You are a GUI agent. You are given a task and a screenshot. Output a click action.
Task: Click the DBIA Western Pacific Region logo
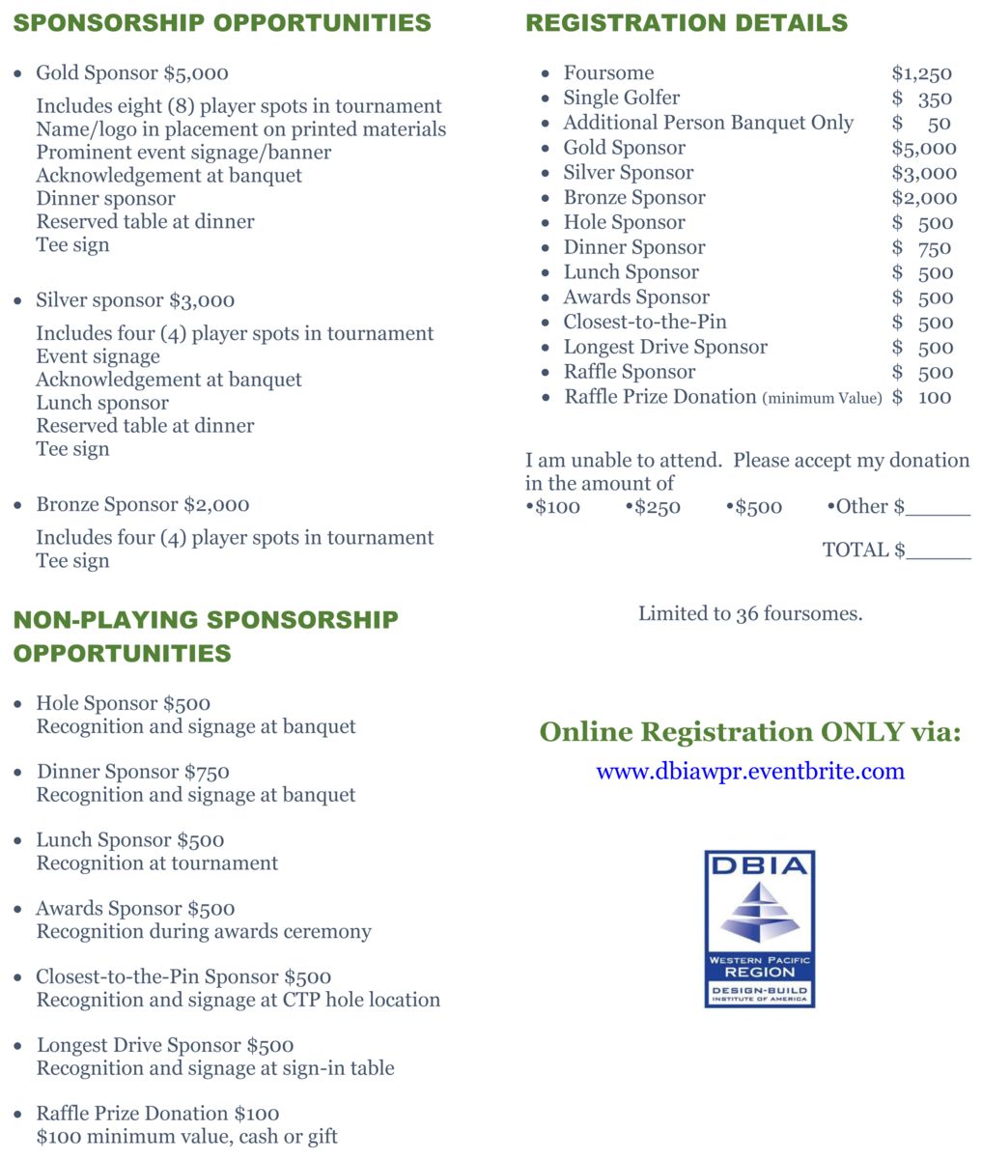(x=759, y=928)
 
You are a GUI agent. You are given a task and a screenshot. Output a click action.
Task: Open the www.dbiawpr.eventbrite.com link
(x=750, y=771)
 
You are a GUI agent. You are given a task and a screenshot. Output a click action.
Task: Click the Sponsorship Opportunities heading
(x=222, y=22)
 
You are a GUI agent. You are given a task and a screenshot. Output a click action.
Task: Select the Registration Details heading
(x=687, y=22)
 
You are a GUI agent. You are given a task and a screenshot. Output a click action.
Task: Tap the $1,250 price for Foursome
(x=921, y=73)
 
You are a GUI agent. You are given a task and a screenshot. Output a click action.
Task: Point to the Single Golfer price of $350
(x=923, y=99)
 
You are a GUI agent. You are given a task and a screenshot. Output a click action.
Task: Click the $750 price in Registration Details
(x=923, y=248)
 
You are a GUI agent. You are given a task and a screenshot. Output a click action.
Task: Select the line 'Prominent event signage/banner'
(x=183, y=153)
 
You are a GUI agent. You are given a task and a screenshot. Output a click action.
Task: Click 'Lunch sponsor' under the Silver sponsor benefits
(x=102, y=403)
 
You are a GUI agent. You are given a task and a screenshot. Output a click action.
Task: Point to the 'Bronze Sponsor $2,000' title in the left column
(x=143, y=505)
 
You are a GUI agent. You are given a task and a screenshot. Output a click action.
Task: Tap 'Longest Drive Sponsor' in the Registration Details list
(x=665, y=347)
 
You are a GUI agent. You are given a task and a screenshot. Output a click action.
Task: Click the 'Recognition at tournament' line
(x=157, y=863)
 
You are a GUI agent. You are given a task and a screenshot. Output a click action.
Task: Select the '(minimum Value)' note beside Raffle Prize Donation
(x=822, y=398)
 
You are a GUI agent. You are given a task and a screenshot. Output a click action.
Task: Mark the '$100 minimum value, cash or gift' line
(x=187, y=1137)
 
